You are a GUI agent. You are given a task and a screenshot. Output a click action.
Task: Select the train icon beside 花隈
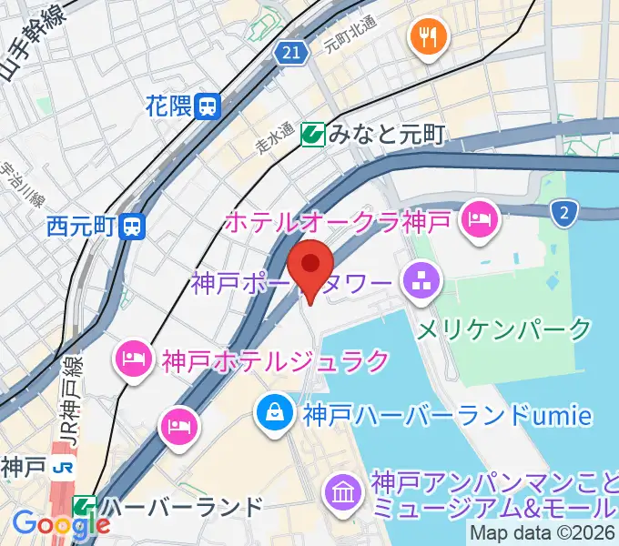click(x=208, y=106)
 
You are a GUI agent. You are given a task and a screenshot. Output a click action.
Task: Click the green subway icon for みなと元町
click(x=314, y=135)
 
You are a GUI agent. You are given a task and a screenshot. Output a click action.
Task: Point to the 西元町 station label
click(x=83, y=224)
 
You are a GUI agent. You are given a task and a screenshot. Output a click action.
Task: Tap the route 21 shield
click(x=290, y=55)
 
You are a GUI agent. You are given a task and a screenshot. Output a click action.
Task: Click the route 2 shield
click(x=564, y=213)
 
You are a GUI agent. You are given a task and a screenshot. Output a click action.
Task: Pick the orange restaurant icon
click(x=427, y=36)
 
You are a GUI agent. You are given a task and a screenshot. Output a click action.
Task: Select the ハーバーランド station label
click(x=182, y=506)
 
